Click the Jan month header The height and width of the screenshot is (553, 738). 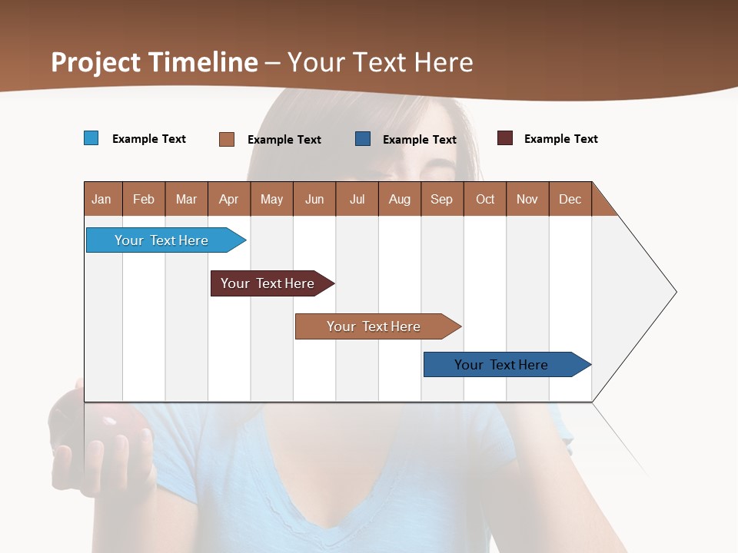point(101,199)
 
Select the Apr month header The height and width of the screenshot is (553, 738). point(228,199)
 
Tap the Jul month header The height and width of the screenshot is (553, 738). point(357,199)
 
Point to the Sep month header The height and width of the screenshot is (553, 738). point(441,199)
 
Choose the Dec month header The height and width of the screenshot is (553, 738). point(570,199)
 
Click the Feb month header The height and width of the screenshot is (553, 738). point(144,199)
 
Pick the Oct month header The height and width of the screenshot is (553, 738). point(485,199)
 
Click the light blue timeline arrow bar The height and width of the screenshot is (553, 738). point(162,240)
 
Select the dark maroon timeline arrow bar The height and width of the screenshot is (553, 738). point(268,283)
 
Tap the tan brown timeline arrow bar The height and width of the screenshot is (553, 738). point(374,326)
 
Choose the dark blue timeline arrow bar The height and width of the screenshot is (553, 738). point(502,365)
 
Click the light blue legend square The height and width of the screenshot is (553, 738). point(91,138)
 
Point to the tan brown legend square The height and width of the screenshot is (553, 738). point(227,139)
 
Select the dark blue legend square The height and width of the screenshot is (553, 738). point(363,139)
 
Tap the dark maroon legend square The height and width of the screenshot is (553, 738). point(505,138)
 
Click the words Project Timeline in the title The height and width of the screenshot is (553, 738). point(155,62)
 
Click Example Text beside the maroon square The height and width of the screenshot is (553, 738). point(560,139)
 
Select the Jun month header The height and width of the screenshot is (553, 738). point(314,199)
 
